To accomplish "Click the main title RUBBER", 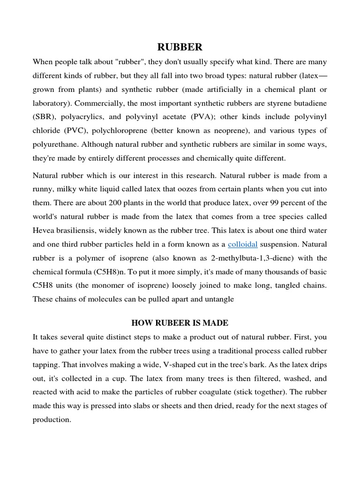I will click(x=180, y=47).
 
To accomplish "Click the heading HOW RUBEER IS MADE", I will click(x=180, y=323).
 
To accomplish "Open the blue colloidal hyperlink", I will click(x=242, y=244).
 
